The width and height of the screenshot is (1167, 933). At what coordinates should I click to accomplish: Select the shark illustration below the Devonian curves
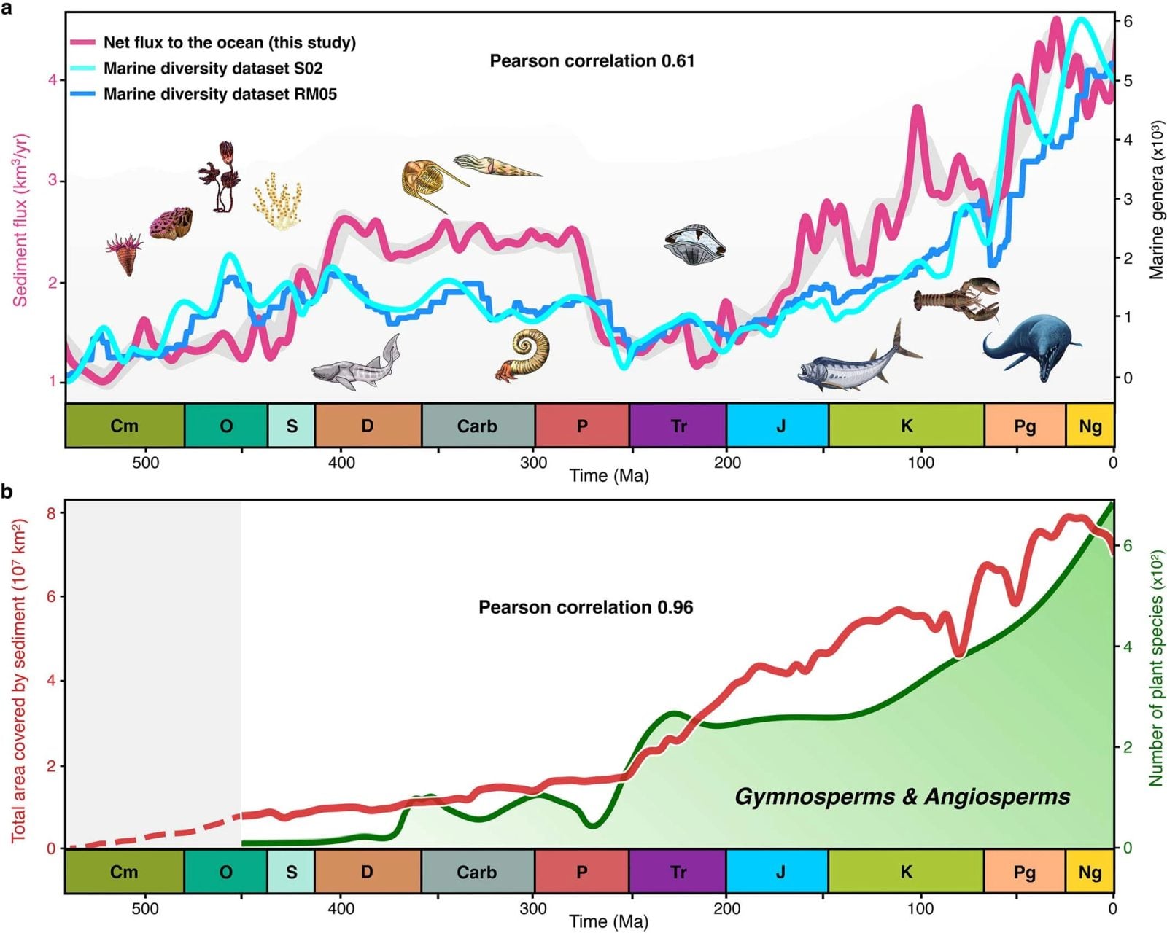(x=356, y=364)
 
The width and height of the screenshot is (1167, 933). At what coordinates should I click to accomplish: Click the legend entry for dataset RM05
(x=220, y=94)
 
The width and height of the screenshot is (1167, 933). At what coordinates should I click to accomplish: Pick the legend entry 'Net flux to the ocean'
(x=229, y=42)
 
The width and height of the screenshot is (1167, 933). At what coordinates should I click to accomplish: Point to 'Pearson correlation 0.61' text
(x=592, y=61)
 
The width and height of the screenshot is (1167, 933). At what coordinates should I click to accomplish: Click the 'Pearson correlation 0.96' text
(x=585, y=607)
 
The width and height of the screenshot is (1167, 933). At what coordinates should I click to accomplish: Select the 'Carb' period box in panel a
(x=477, y=426)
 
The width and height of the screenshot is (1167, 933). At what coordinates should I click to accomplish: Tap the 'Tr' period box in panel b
(x=678, y=872)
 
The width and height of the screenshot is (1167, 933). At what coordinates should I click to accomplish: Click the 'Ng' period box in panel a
(x=1090, y=426)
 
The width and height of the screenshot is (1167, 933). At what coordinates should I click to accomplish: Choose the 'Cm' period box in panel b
(x=124, y=872)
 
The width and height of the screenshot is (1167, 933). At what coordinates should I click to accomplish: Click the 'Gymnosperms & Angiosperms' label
(x=902, y=797)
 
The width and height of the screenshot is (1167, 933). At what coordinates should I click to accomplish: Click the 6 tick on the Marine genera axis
(x=1128, y=21)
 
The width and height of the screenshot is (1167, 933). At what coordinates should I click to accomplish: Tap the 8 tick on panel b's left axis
(x=51, y=513)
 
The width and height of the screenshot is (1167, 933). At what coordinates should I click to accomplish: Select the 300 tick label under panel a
(x=533, y=463)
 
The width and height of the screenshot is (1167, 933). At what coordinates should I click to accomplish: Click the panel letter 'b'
(x=7, y=491)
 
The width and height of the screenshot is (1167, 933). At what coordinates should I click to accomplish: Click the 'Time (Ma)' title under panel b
(x=608, y=922)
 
